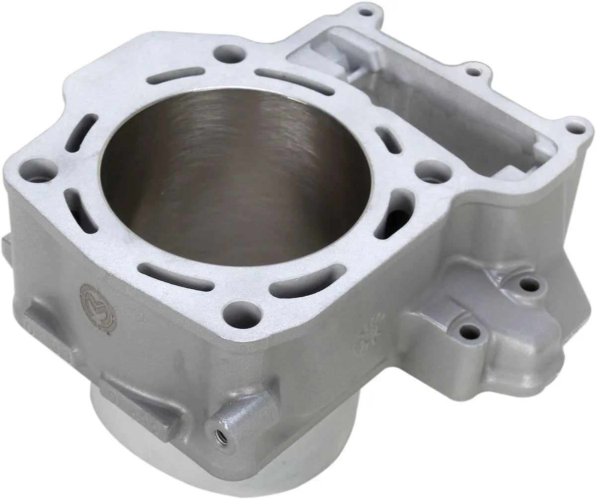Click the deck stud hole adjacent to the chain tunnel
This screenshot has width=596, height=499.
pos(433,172)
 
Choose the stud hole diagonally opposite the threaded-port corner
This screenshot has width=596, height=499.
pos(230,53)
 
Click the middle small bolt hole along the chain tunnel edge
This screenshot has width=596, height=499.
pos(474,72)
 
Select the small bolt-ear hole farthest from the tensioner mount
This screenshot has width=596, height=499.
pos(366,11)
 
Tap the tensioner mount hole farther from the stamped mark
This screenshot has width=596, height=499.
pos(529,284)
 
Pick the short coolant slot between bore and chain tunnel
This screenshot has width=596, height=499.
pos(388,140)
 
